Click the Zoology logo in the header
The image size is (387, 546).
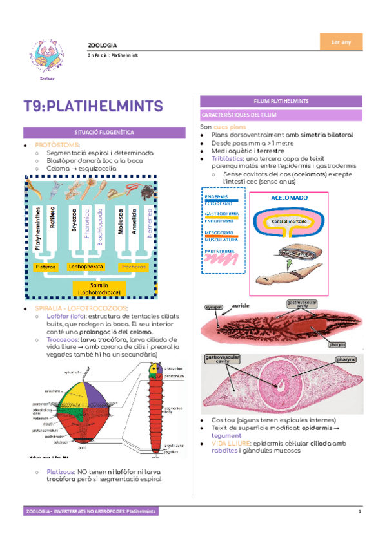(47, 57)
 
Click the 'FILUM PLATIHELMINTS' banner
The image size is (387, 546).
(280, 101)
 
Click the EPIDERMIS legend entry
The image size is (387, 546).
(217, 194)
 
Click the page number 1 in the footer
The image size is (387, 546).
(361, 511)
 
